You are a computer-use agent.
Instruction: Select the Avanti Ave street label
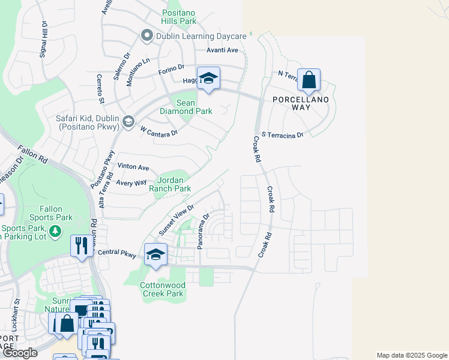(x=223, y=50)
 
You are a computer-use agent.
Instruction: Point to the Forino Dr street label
(x=172, y=70)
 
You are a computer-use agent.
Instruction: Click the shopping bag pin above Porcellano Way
(x=309, y=80)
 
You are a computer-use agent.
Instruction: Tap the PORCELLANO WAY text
(x=300, y=103)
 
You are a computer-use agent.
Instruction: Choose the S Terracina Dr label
(x=282, y=135)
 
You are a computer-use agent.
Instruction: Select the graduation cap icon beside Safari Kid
(x=127, y=122)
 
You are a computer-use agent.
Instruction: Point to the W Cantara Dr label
(x=159, y=130)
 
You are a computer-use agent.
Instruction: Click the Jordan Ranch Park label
(x=173, y=184)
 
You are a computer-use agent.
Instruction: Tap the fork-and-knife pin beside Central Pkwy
(x=80, y=245)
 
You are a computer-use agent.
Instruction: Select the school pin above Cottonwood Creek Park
(x=155, y=254)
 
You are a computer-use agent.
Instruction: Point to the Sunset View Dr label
(x=176, y=220)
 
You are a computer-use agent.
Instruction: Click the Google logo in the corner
(x=19, y=353)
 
